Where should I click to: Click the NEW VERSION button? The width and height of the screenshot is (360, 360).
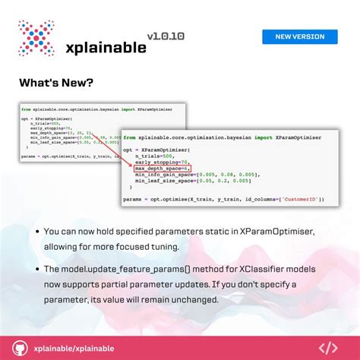(x=299, y=36)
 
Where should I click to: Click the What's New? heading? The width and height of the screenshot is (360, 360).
(x=56, y=83)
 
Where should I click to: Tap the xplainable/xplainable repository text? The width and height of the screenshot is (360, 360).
(x=74, y=348)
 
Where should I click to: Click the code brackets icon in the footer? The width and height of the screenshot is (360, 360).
(x=327, y=348)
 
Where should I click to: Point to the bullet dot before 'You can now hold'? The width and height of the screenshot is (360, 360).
(x=37, y=231)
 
